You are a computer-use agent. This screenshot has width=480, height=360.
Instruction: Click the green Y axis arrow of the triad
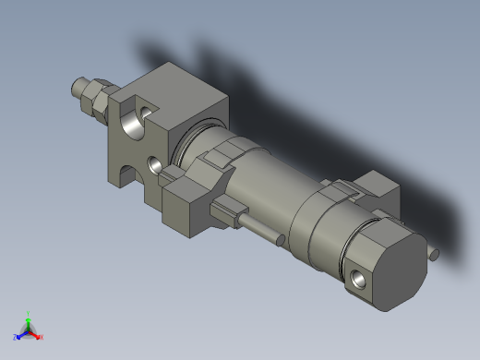(28, 316)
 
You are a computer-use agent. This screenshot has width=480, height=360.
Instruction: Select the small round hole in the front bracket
(154, 165)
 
